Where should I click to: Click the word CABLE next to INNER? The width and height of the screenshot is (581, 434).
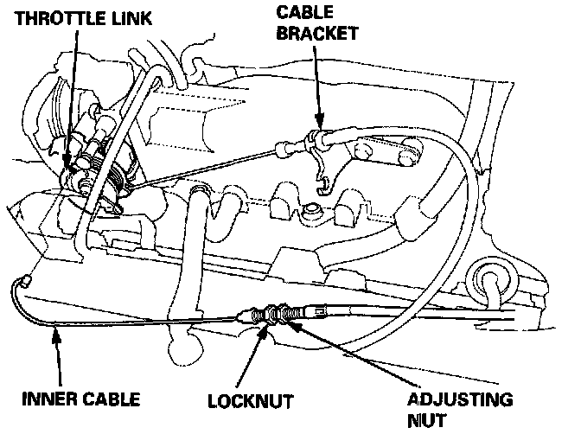[112, 400]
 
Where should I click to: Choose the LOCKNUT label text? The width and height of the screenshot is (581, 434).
[250, 401]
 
